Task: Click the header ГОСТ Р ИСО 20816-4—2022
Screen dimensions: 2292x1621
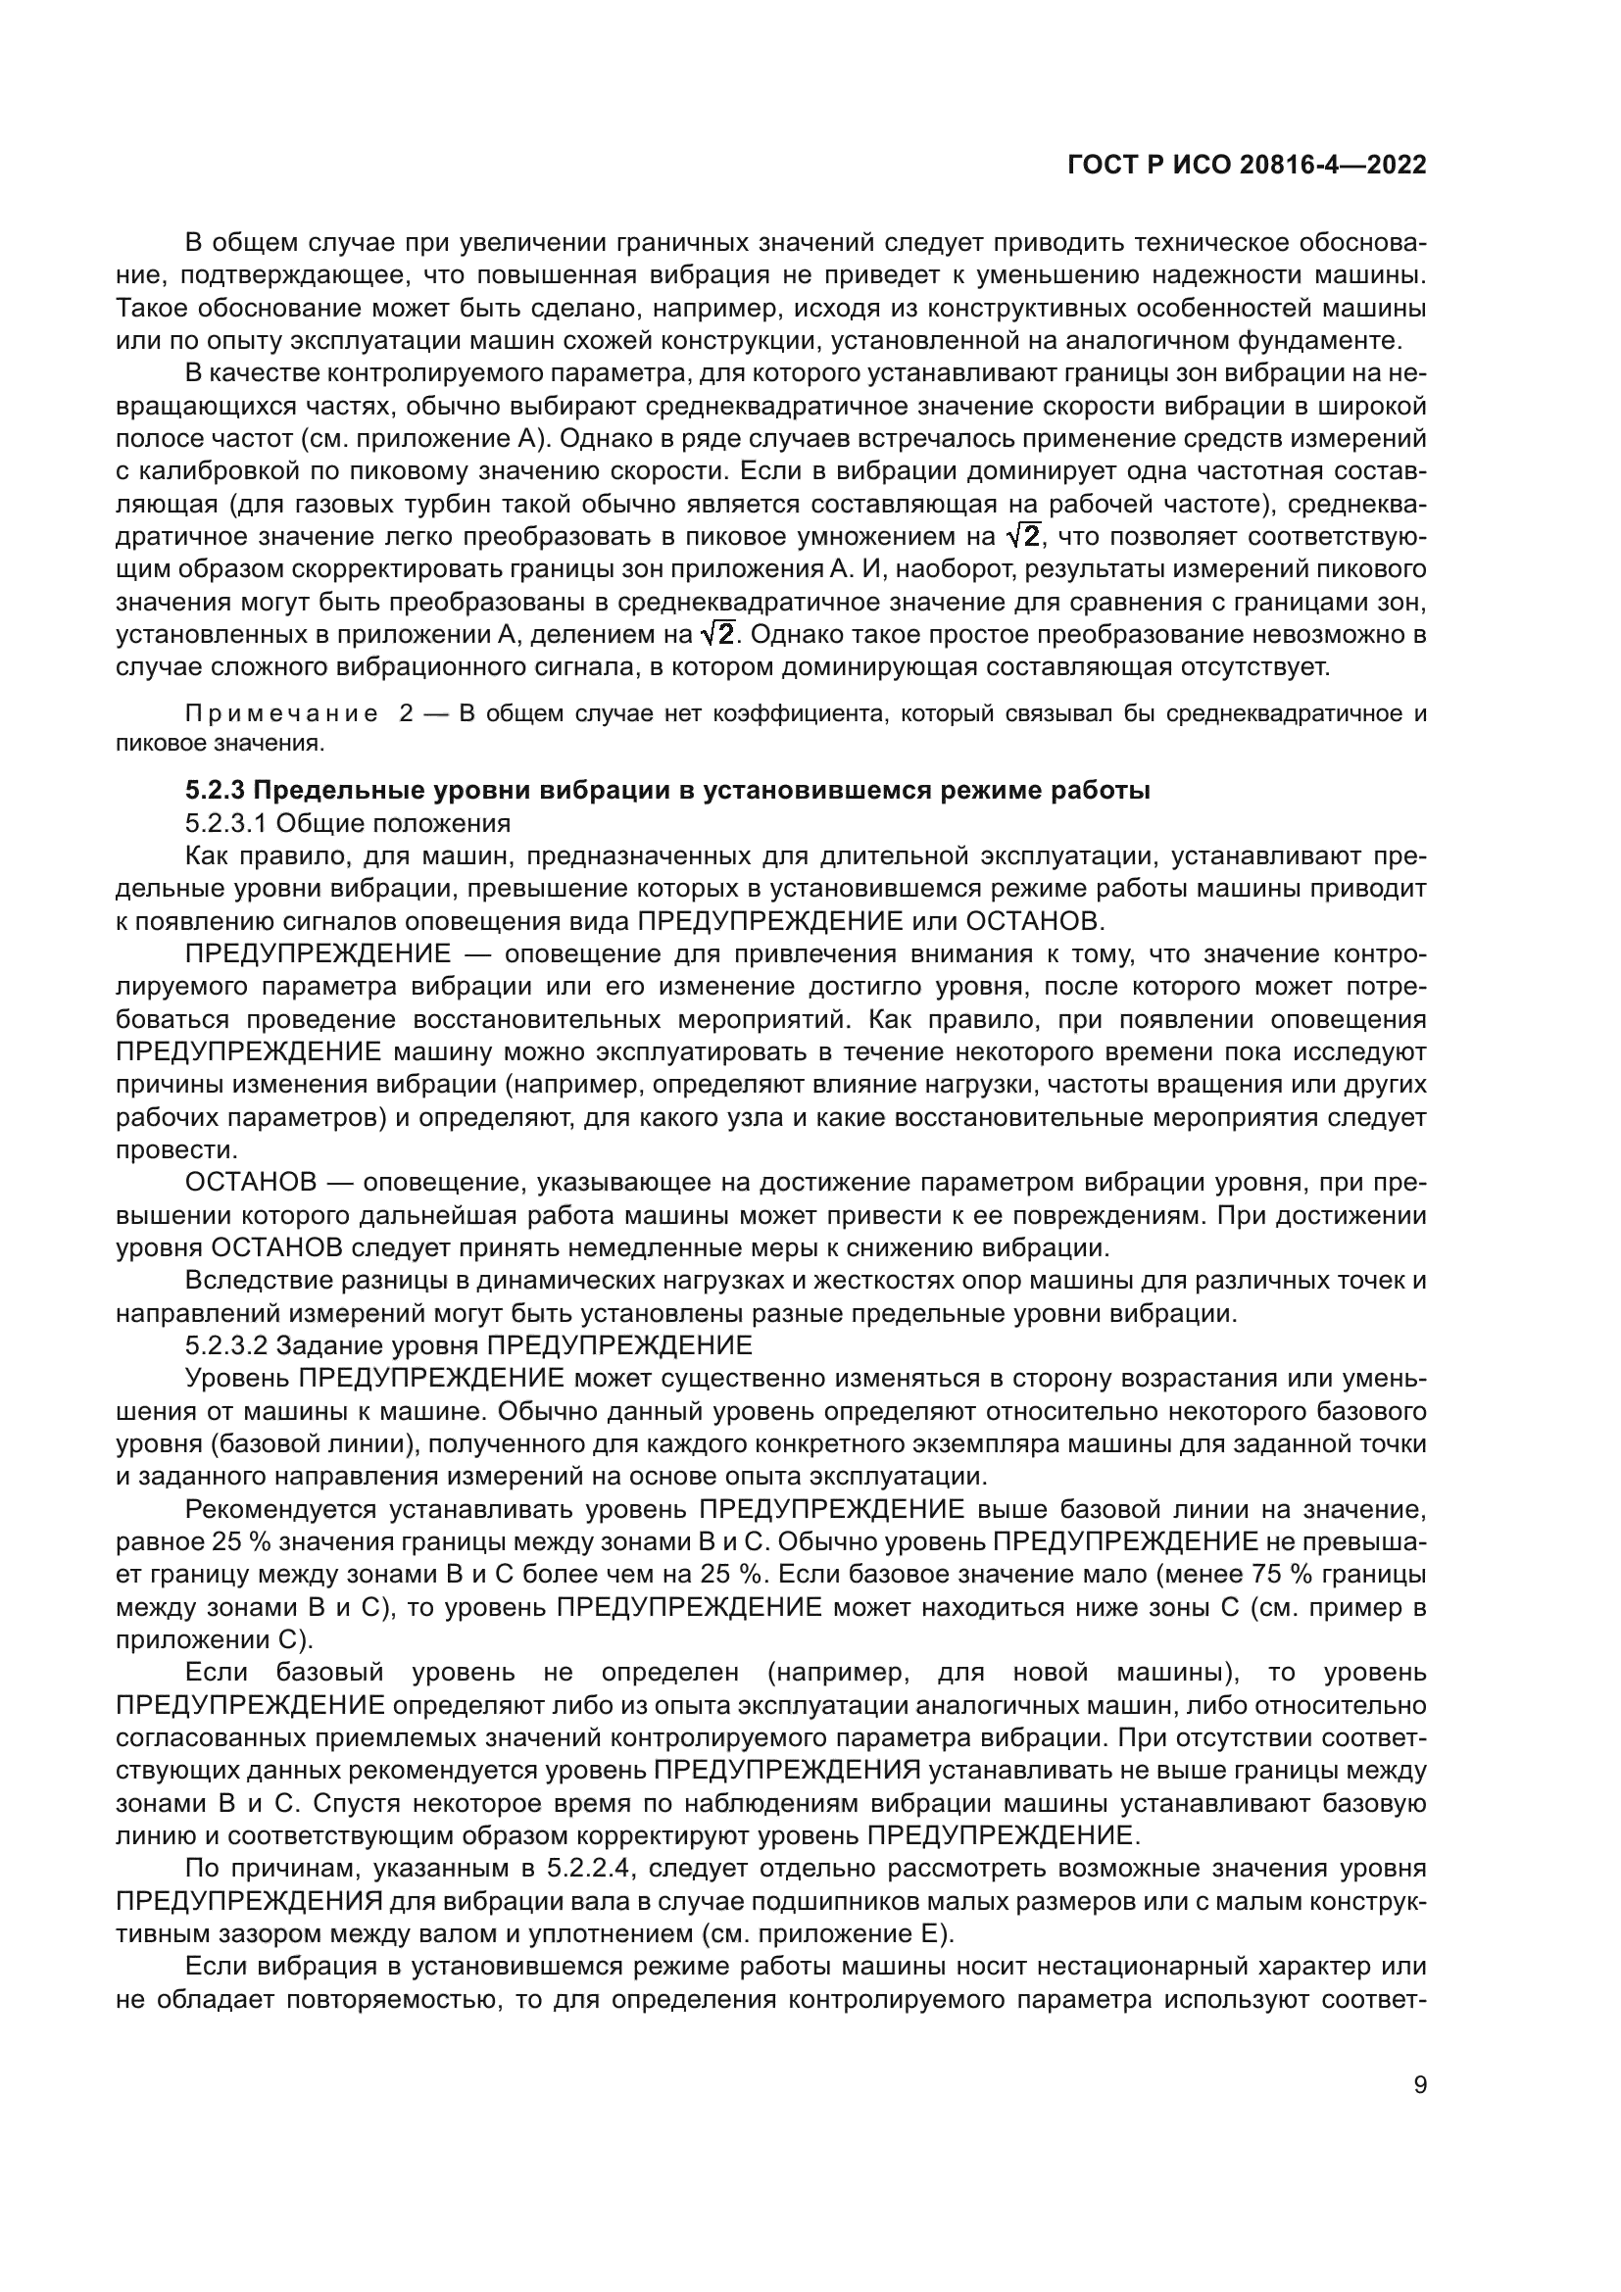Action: tap(1247, 166)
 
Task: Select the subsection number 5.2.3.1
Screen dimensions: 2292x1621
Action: tap(225, 823)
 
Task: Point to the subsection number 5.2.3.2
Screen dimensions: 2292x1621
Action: tap(225, 1345)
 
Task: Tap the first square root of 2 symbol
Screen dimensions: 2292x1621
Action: tap(1023, 537)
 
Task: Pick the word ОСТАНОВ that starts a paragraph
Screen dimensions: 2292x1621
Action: tap(251, 1183)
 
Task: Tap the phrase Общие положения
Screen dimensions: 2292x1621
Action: tap(392, 823)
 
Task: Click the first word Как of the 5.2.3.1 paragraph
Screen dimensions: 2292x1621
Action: tap(205, 856)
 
